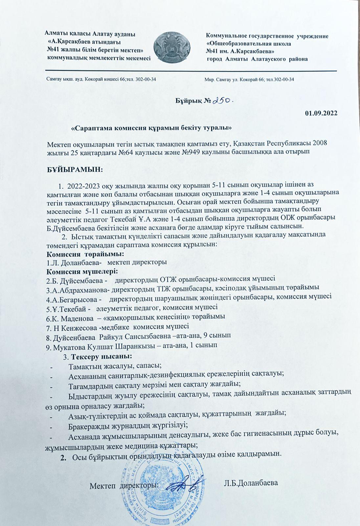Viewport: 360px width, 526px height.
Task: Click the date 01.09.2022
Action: [x=321, y=114]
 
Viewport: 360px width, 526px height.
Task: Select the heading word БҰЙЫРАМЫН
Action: [x=75, y=170]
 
